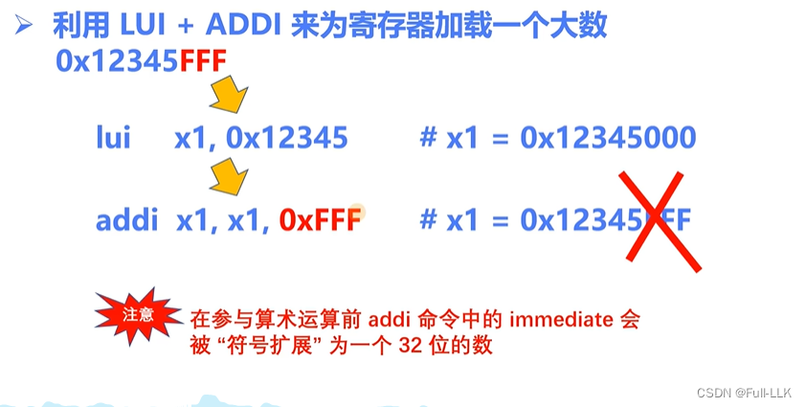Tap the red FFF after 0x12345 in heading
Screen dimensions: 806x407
204,61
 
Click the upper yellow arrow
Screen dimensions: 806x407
228,96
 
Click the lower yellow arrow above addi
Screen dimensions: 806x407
227,177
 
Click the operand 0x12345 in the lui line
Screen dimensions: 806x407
286,138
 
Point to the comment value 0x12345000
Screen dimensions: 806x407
607,138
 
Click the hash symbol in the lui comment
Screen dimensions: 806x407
428,138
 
